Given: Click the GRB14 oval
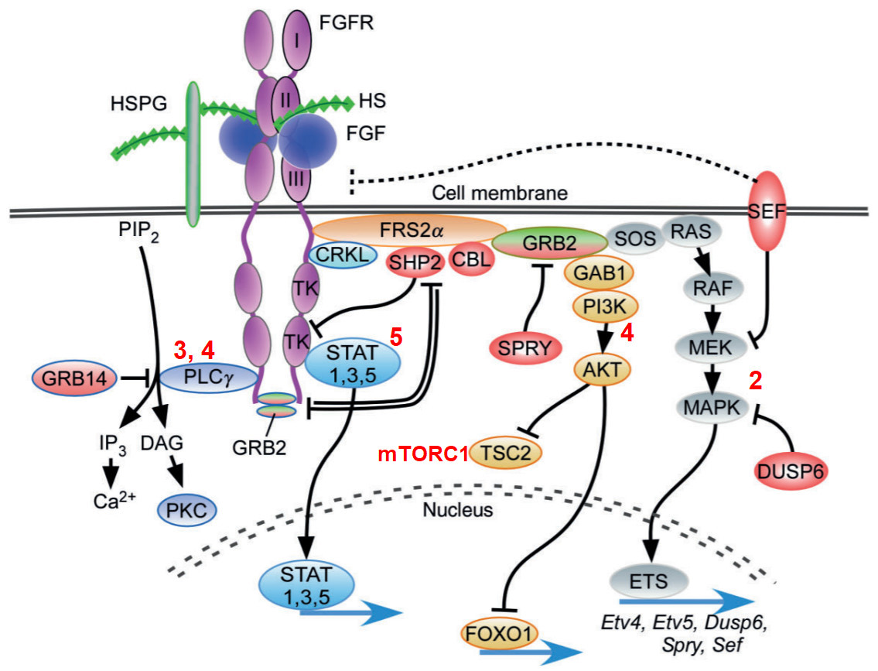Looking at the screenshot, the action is coord(74,378).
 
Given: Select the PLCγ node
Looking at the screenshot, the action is coord(208,377).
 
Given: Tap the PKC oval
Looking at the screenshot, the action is coord(186,510).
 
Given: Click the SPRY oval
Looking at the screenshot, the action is coord(524,348).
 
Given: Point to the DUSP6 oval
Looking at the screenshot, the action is coord(791,471).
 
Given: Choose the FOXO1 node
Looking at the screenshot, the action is coord(498,634).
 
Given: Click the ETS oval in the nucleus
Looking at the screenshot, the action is coord(648,581).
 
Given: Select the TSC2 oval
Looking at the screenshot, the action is coord(506,453).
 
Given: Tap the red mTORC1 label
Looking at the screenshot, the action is coord(423,454).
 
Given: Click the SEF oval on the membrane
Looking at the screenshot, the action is coord(767,211).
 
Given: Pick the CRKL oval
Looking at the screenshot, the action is coord(343,255).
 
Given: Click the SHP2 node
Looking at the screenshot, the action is coord(415,262).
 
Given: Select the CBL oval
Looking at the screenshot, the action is coord(471,258).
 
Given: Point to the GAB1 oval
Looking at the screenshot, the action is coord(600,272).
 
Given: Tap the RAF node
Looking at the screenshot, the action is coord(712,289).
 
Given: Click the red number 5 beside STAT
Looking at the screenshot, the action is coord(396,337).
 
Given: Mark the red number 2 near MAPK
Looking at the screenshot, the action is coord(755,381).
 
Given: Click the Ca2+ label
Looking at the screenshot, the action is coord(114,500).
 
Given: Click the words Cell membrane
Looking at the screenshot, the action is coord(500,193).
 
